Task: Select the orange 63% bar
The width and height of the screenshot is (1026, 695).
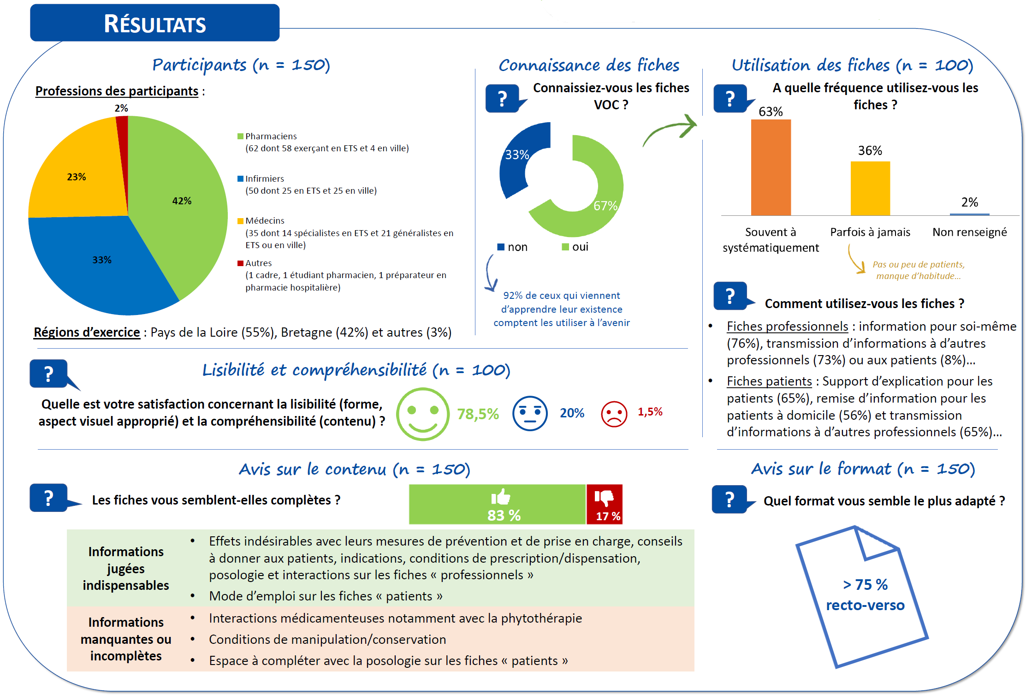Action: [x=771, y=167]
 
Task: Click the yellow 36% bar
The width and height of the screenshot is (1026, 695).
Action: [x=870, y=188]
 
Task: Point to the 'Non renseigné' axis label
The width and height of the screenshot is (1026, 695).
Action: [x=969, y=232]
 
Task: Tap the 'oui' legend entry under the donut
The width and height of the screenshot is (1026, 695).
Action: [x=575, y=247]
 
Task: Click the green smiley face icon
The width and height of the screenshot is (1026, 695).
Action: [x=422, y=414]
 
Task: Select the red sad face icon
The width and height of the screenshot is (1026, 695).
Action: [x=614, y=414]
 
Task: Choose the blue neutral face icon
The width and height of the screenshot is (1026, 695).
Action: [x=530, y=413]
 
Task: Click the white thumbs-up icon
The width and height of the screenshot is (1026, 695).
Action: [x=501, y=497]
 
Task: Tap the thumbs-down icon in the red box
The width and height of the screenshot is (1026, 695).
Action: [x=604, y=497]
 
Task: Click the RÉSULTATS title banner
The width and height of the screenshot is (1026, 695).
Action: [x=154, y=23]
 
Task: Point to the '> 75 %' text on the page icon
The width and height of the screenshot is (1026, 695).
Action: [x=865, y=584]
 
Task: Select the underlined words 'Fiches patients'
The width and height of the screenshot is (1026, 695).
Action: [x=769, y=381]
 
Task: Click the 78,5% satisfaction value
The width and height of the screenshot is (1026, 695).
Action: [x=478, y=414]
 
